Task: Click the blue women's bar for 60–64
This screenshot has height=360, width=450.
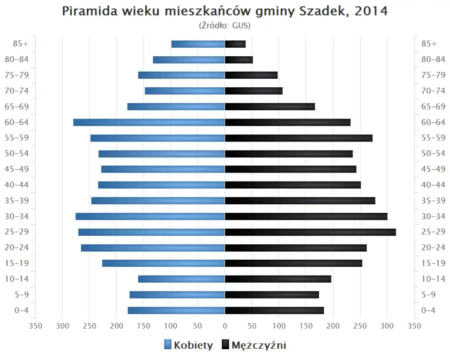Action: pyautogui.click(x=149, y=122)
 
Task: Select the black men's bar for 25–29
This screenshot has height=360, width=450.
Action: pyautogui.click(x=310, y=232)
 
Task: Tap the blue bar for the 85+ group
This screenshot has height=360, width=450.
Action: pyautogui.click(x=198, y=44)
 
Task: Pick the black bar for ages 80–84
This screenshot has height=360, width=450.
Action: pyautogui.click(x=239, y=60)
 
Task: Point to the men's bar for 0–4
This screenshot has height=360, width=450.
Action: pyautogui.click(x=274, y=310)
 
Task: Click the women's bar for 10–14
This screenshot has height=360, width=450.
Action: pyautogui.click(x=181, y=279)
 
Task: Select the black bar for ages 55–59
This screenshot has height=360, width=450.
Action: pyautogui.click(x=299, y=138)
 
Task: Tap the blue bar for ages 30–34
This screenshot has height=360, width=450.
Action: pyautogui.click(x=150, y=216)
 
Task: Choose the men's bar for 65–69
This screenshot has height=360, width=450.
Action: pyautogui.click(x=270, y=106)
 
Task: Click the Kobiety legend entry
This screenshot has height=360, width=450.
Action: pyautogui.click(x=188, y=345)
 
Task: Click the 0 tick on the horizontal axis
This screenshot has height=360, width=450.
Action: pyautogui.click(x=225, y=326)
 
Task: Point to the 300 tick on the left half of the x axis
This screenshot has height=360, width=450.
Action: pyautogui.click(x=62, y=326)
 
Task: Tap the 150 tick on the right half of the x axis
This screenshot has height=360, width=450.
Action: pyautogui.click(x=306, y=326)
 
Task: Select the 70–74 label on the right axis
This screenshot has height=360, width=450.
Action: pyautogui.click(x=433, y=91)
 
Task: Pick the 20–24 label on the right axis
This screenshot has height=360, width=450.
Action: pyautogui.click(x=433, y=247)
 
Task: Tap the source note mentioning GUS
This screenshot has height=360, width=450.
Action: pyautogui.click(x=225, y=25)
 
